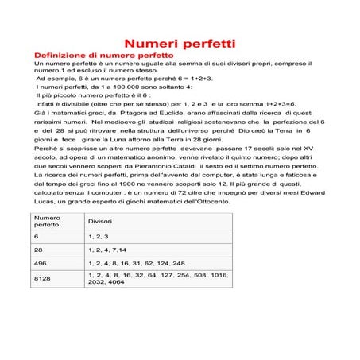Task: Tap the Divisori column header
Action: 100,221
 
